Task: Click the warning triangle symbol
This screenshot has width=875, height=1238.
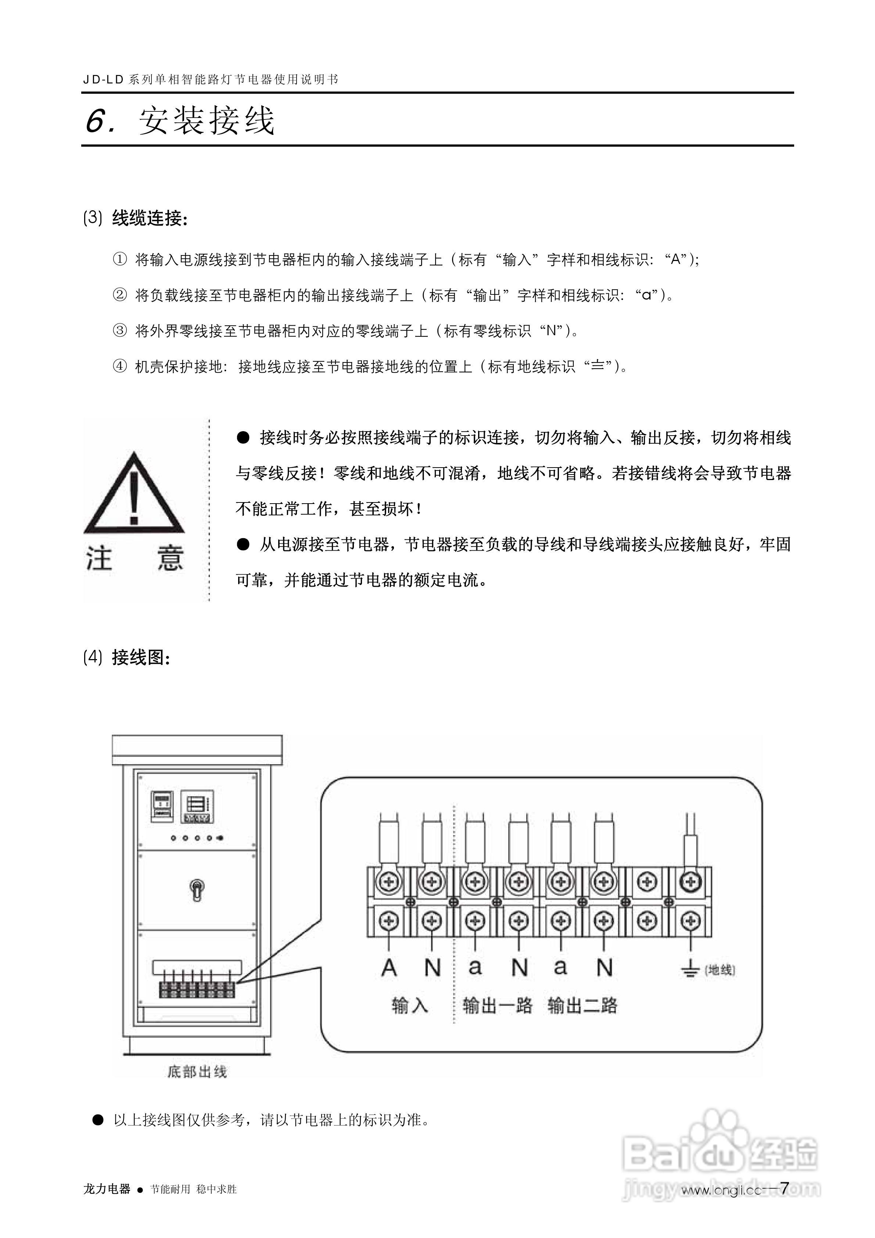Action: click(x=134, y=493)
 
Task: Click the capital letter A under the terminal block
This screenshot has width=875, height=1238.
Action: click(x=389, y=968)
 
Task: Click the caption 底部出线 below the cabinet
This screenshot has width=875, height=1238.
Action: click(x=197, y=1072)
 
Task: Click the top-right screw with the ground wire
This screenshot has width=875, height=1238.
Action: click(x=689, y=883)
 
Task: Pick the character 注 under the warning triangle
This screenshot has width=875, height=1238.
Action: click(x=99, y=559)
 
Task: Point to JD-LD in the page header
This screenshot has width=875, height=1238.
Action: click(x=104, y=80)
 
